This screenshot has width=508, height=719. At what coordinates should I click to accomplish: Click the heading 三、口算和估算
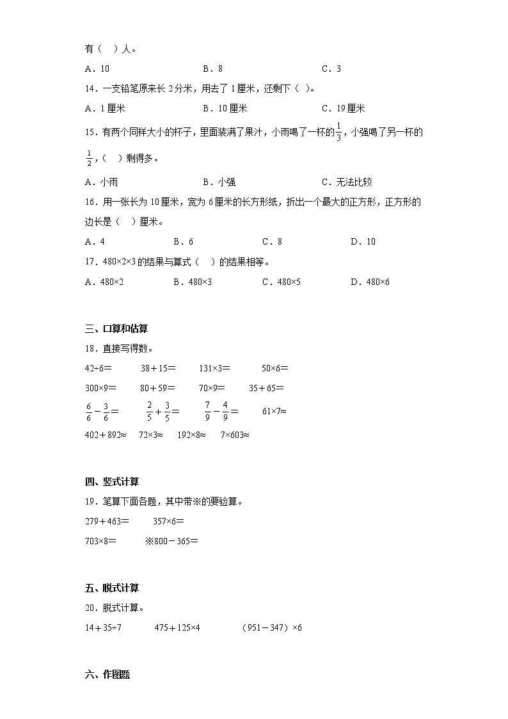click(x=116, y=328)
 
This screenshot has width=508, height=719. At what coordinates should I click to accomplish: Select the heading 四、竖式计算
click(x=112, y=481)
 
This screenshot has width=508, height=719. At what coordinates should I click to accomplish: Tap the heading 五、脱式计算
click(x=112, y=588)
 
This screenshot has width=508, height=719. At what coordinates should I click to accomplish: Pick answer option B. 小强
click(x=219, y=182)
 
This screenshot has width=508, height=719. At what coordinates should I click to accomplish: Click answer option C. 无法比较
click(x=347, y=182)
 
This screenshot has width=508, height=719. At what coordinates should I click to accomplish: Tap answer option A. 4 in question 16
click(x=94, y=241)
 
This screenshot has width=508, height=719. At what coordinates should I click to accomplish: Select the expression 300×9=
click(x=101, y=387)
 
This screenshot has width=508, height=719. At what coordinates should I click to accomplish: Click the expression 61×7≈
click(x=274, y=411)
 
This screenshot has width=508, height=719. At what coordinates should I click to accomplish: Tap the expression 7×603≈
click(x=235, y=435)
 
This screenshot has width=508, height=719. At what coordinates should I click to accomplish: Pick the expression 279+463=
click(x=107, y=521)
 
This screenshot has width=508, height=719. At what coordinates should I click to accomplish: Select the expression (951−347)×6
click(x=272, y=627)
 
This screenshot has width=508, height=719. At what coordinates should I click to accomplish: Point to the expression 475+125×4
click(x=177, y=627)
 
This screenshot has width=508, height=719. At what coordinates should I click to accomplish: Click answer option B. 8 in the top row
click(x=212, y=69)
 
